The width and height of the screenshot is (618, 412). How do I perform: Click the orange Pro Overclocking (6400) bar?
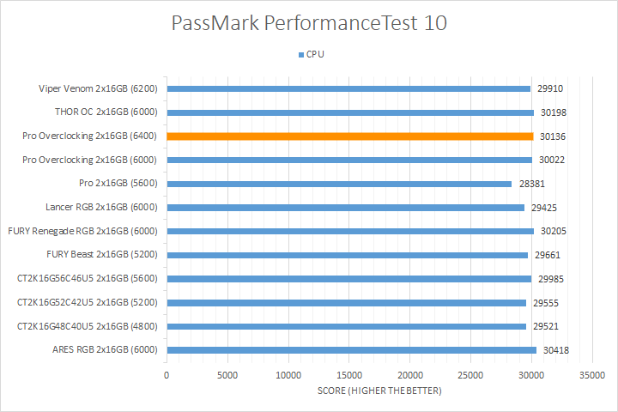click(349, 136)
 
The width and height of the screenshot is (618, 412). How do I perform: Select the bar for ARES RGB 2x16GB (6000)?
click(351, 350)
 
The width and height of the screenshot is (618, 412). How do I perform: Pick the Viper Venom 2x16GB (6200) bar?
click(348, 88)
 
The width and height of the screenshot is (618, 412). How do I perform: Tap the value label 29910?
click(551, 88)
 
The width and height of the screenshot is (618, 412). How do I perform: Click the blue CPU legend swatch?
click(300, 54)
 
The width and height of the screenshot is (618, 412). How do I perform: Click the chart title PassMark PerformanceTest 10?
click(309, 23)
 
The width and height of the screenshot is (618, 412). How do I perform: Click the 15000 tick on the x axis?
click(348, 375)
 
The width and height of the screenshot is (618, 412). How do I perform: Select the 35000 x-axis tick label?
click(592, 375)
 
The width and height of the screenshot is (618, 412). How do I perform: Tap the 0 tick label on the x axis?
click(167, 375)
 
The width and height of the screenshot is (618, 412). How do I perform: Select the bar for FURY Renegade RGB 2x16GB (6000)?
click(350, 231)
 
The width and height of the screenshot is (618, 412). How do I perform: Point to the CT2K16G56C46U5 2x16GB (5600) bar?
click(348, 278)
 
